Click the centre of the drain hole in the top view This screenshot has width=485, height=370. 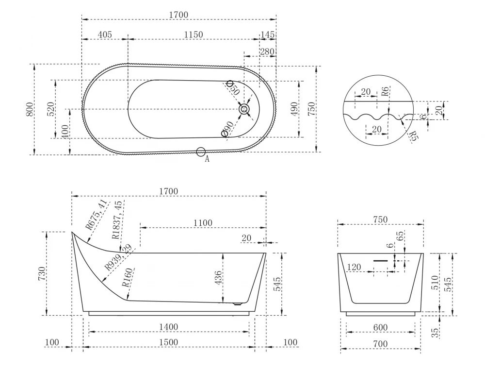click(244, 109)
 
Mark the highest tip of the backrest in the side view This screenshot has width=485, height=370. click(72, 232)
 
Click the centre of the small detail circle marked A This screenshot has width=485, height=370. click(201, 151)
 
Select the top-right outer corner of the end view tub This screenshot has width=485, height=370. click(423, 253)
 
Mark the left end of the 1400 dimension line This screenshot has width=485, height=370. click(89, 332)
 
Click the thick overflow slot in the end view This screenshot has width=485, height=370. click(380, 261)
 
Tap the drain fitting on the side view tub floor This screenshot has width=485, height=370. click(238, 304)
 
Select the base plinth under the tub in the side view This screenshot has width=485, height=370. click(169, 313)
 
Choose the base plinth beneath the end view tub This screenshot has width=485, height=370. click(380, 314)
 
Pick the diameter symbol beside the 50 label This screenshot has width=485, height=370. click(230, 84)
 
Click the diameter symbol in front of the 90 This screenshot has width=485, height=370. click(225, 134)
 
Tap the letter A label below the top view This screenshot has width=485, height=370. click(207, 159)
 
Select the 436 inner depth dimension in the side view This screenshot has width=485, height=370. click(218, 278)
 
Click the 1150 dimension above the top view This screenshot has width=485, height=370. click(194, 34)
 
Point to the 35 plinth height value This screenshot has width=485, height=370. click(435, 333)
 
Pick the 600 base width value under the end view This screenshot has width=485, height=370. click(380, 327)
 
